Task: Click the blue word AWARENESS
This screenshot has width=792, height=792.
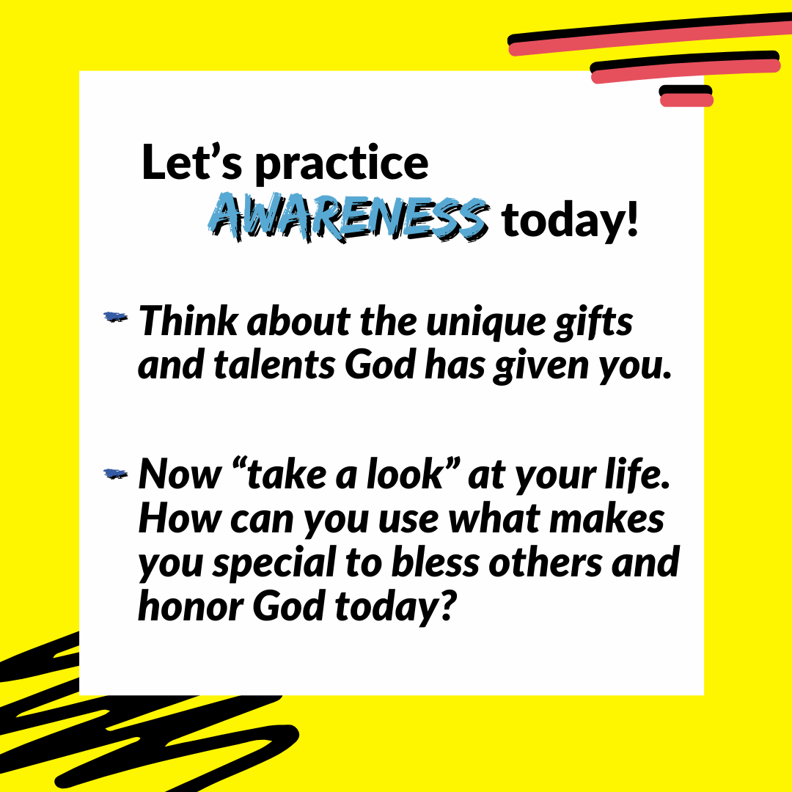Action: tap(348, 218)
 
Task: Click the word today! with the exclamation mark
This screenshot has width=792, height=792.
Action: tap(571, 220)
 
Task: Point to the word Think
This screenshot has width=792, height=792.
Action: tap(188, 320)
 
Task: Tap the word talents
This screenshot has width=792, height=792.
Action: tap(274, 364)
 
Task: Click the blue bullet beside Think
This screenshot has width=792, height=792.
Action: tap(116, 318)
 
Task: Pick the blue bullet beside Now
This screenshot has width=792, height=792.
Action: tap(116, 474)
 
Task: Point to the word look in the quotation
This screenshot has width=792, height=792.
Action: tap(405, 474)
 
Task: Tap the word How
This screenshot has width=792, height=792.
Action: tap(180, 518)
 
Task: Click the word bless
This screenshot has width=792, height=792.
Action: tap(435, 562)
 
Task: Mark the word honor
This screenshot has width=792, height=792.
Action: tap(191, 606)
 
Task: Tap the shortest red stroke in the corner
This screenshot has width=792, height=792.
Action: tap(686, 100)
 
